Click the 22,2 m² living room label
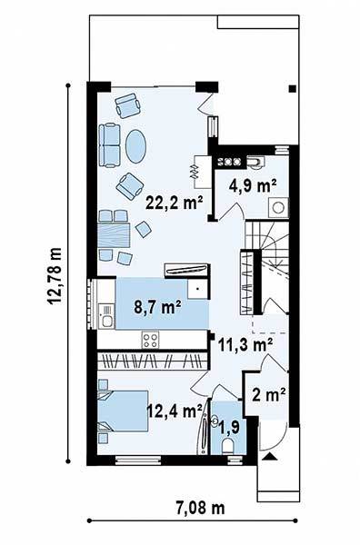(x=175, y=203)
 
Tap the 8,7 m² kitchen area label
(x=157, y=307)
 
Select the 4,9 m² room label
(x=253, y=186)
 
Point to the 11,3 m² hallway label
(x=245, y=345)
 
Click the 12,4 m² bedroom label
(x=175, y=411)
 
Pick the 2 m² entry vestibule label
(x=269, y=395)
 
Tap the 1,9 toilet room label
(x=229, y=427)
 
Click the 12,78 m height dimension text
(x=55, y=276)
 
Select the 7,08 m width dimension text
(x=200, y=508)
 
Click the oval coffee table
(x=135, y=146)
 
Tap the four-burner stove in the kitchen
(x=151, y=340)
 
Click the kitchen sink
(x=106, y=315)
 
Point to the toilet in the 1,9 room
(x=227, y=446)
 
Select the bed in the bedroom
(x=123, y=411)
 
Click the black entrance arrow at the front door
(x=270, y=457)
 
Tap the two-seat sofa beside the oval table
(x=110, y=145)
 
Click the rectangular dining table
(x=114, y=235)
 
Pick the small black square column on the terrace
(x=293, y=89)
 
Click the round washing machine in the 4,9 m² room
(x=278, y=208)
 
